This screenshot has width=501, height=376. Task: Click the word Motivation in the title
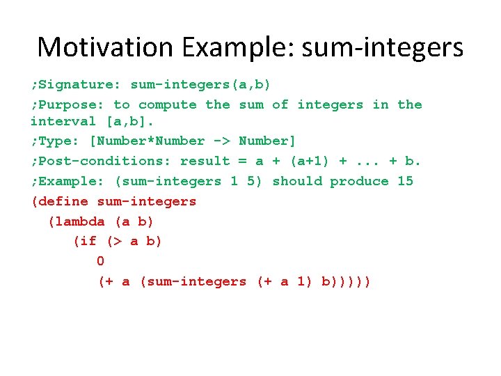click(x=105, y=47)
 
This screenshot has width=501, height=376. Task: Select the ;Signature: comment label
click(x=76, y=84)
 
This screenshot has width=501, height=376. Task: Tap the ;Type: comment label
click(x=55, y=141)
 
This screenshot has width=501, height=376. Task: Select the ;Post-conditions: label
click(x=101, y=161)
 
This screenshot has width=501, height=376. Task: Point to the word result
click(x=205, y=161)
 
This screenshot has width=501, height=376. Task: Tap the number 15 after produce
click(x=405, y=181)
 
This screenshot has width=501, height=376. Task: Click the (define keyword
click(x=59, y=201)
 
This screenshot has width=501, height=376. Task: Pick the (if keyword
click(x=84, y=241)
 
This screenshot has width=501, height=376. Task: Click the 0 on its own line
click(x=100, y=261)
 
